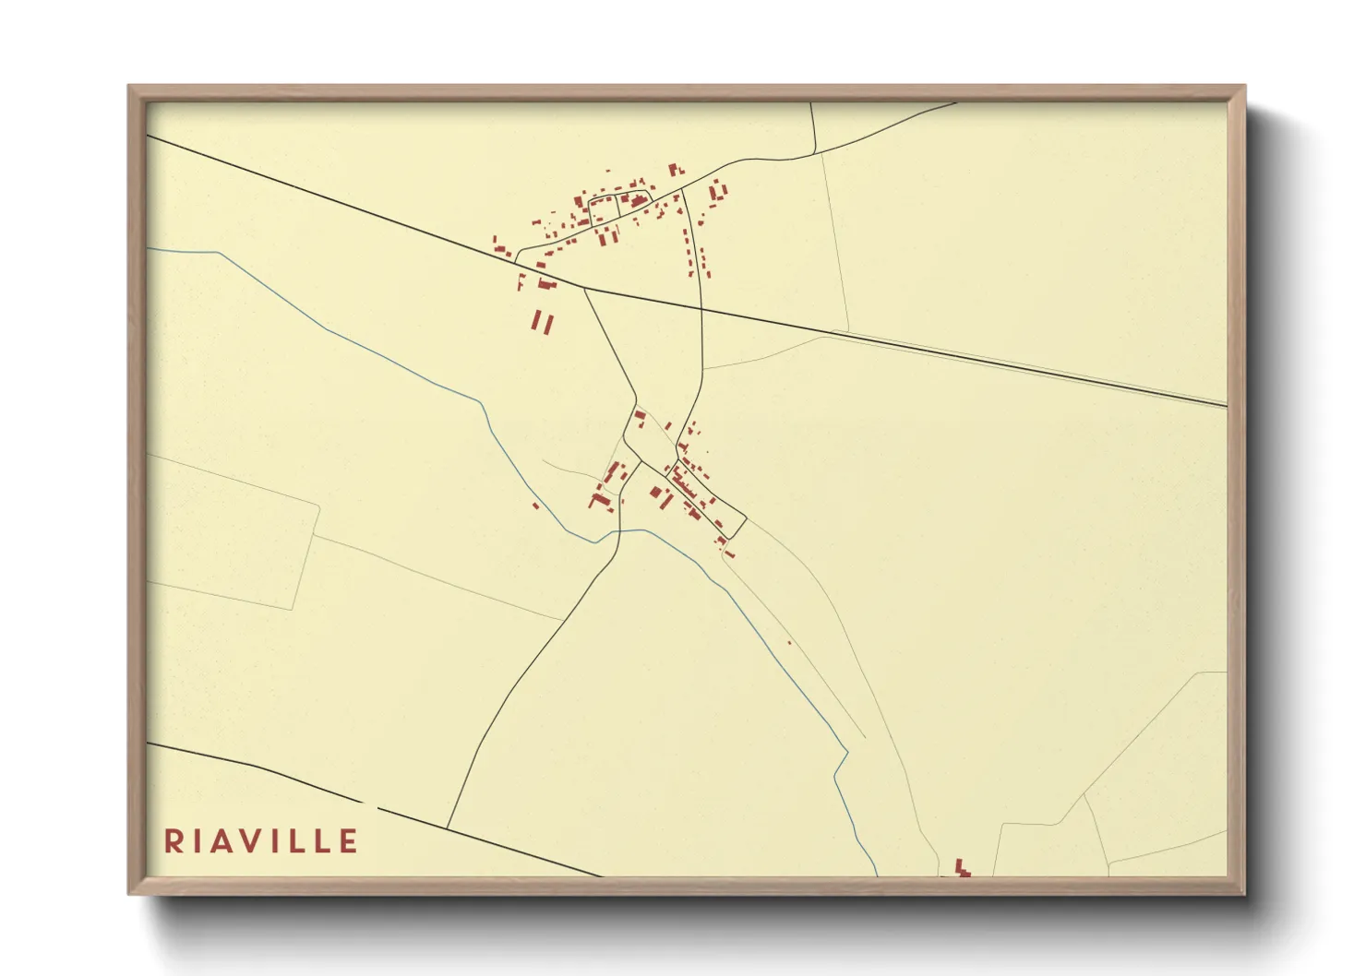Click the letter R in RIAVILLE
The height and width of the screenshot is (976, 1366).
(172, 841)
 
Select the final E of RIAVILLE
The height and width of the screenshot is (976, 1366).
(348, 841)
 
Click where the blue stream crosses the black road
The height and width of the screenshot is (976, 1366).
(616, 531)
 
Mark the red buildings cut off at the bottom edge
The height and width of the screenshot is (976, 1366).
(962, 869)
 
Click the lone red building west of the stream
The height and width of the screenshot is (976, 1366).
(535, 506)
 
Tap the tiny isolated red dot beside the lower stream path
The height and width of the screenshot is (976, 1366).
(789, 643)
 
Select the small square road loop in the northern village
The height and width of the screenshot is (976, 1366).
(604, 209)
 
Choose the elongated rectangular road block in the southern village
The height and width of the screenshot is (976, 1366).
(711, 499)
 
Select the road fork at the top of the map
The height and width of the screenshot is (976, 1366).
(816, 153)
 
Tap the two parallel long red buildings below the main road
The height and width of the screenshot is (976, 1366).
(542, 322)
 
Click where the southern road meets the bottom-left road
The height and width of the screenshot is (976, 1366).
(448, 827)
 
